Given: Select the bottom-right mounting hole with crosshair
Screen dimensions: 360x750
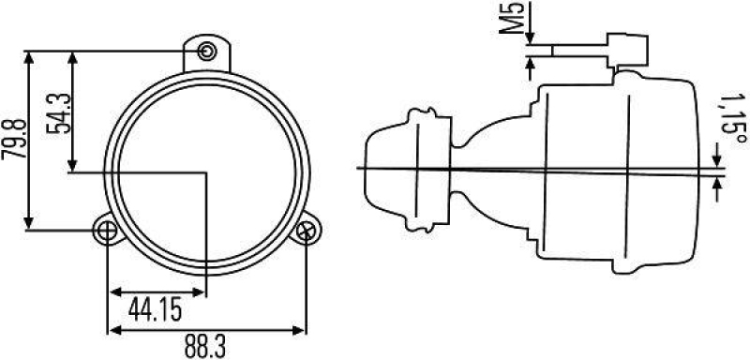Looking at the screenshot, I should click(x=307, y=231).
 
